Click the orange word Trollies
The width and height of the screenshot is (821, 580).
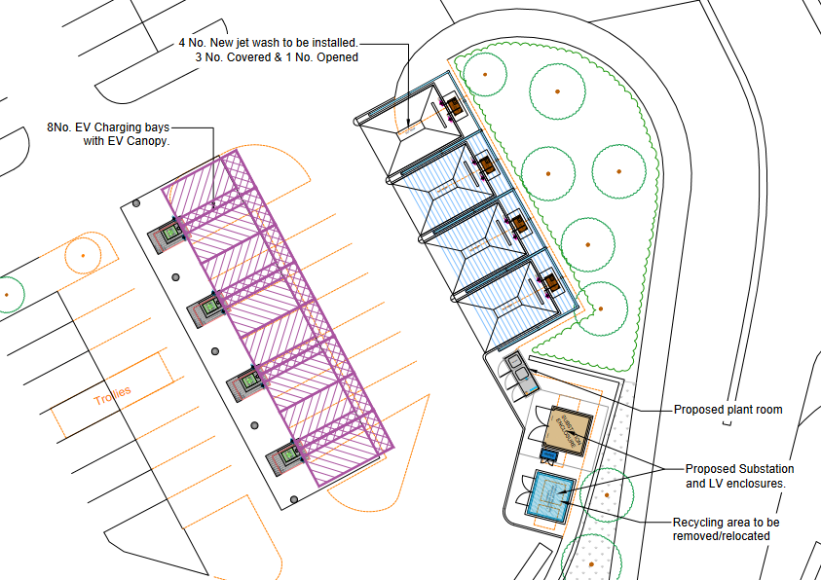pyautogui.click(x=112, y=396)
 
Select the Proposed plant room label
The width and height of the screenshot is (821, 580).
pyautogui.click(x=728, y=410)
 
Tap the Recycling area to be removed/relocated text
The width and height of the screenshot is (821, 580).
pyautogui.click(x=726, y=529)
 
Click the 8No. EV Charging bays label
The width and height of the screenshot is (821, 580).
pyautogui.click(x=108, y=134)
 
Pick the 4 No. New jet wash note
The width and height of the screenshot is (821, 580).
pyautogui.click(x=268, y=51)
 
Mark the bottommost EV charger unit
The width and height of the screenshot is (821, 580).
pyautogui.click(x=284, y=455)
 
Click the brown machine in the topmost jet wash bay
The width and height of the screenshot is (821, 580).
pyautogui.click(x=452, y=105)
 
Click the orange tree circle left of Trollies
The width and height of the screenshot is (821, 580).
pyautogui.click(x=84, y=255)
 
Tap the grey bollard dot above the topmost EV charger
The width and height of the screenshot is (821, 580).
pyautogui.click(x=136, y=203)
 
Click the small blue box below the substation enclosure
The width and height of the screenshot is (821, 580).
pyautogui.click(x=549, y=454)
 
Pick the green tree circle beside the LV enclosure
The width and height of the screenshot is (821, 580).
pyautogui.click(x=606, y=495)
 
